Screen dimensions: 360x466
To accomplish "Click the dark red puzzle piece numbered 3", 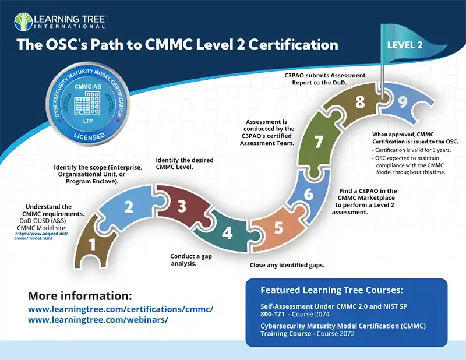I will click(182, 206).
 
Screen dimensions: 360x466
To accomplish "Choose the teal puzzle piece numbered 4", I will click(228, 232).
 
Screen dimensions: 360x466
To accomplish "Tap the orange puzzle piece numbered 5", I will click(278, 227).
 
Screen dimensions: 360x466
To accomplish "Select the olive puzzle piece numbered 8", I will click(359, 103).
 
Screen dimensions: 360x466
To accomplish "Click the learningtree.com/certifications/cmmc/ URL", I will click(121, 309).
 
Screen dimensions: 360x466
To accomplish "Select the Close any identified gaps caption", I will click(283, 265).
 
